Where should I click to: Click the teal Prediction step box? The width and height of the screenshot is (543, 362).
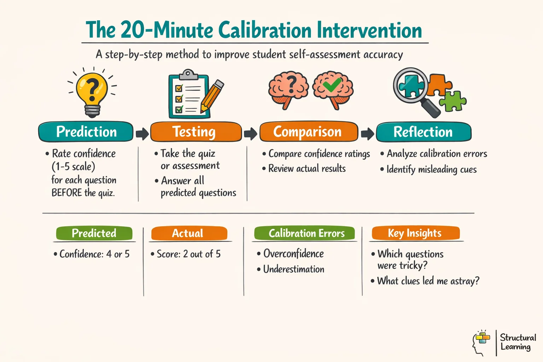[x=86, y=132]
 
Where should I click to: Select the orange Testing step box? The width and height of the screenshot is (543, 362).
[x=196, y=132]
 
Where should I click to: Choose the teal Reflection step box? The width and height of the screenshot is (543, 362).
[x=423, y=132]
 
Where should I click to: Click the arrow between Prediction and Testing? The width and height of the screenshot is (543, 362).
[x=142, y=134]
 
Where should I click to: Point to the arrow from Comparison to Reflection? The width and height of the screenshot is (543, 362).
[x=367, y=134]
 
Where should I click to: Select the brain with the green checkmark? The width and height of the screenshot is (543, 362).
[x=333, y=88]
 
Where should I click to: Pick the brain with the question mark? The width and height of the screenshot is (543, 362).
[x=288, y=88]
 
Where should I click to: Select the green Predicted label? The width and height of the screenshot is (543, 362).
[x=94, y=233]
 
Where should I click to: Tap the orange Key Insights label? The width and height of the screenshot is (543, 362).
[x=415, y=233]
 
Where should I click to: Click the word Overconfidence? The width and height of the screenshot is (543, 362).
[x=293, y=253]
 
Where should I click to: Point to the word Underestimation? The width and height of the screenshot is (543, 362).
[x=293, y=269]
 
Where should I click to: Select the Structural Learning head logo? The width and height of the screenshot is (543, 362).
[x=481, y=343]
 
